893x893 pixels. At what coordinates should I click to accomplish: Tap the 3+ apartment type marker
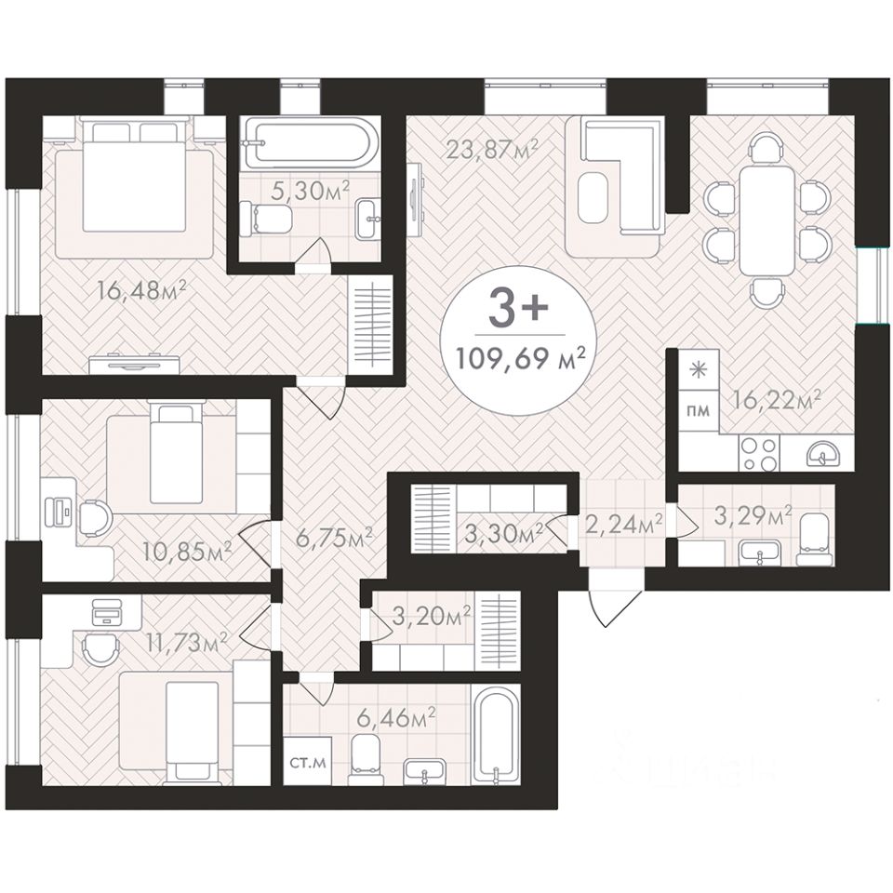519,310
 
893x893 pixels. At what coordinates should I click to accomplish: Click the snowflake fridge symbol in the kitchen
698,370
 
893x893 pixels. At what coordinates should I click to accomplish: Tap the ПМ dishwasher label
699,410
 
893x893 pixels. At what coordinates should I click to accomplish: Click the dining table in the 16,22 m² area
766,220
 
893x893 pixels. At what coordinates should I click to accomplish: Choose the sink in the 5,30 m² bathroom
368,220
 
